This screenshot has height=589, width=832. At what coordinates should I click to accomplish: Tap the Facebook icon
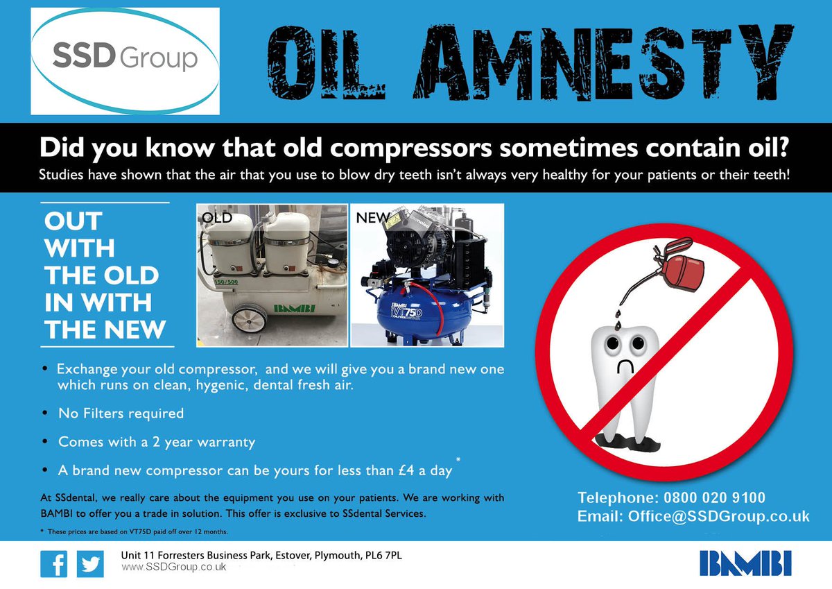pyautogui.click(x=53, y=563)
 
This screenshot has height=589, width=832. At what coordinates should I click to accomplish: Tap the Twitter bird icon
pyautogui.click(x=90, y=563)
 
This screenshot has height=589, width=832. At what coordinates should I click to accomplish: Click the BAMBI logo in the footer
pyautogui.click(x=745, y=563)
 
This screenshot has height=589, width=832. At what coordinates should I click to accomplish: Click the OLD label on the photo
pyautogui.click(x=216, y=218)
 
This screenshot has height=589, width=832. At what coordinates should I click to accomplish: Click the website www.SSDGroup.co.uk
pyautogui.click(x=174, y=567)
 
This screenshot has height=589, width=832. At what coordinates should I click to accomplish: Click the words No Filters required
pyautogui.click(x=121, y=413)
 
